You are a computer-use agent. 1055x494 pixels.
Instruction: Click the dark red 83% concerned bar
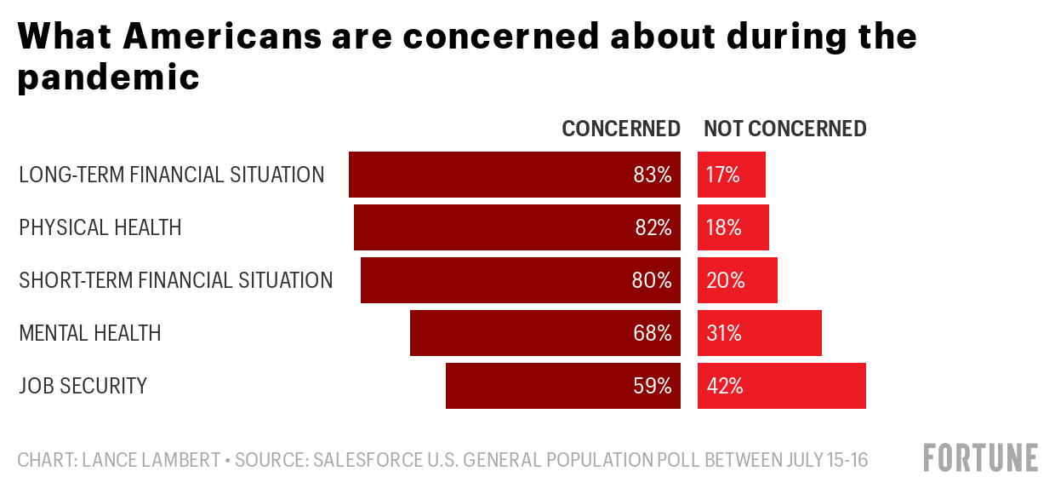[514, 175]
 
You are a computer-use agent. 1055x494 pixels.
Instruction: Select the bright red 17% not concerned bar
[732, 175]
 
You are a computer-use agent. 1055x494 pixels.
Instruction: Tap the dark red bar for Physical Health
[516, 227]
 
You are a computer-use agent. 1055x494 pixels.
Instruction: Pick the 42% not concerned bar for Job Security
[781, 386]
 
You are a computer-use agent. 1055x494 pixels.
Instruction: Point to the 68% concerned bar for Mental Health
[545, 333]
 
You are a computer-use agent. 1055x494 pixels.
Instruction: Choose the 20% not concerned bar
[737, 280]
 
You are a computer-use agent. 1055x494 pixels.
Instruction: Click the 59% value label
[653, 386]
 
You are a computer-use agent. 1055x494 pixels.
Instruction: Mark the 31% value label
[724, 333]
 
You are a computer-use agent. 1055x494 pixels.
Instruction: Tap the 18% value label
[724, 227]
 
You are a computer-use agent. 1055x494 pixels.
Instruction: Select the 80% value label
[653, 280]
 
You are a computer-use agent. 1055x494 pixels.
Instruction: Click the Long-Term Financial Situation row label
[171, 175]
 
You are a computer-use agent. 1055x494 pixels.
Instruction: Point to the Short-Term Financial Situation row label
[175, 280]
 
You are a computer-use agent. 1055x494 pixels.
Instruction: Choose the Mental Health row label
[89, 333]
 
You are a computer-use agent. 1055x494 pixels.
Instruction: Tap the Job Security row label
[83, 386]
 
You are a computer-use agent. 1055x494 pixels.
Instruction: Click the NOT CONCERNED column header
[784, 129]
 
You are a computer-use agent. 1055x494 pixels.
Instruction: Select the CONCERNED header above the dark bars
[621, 129]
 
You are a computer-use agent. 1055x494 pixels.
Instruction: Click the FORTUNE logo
[981, 457]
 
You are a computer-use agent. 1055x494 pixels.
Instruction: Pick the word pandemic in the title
[108, 78]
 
